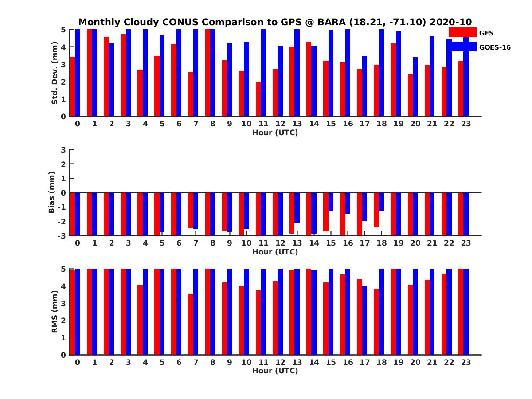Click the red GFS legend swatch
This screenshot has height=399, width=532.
click(x=462, y=32)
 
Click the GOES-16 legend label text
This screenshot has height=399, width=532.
click(x=495, y=47)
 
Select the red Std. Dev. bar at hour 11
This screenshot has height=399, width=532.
click(x=258, y=99)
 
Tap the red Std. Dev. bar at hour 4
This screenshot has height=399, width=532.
click(x=140, y=93)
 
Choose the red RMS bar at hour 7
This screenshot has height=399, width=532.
click(x=191, y=324)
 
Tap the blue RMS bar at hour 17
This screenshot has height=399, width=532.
click(x=364, y=320)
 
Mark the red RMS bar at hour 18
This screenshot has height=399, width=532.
click(x=376, y=322)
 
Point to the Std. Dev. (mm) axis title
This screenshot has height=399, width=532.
click(x=55, y=73)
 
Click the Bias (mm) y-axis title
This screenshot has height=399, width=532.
click(x=52, y=192)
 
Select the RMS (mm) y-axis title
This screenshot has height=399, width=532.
click(x=55, y=312)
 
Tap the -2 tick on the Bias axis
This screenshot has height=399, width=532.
click(x=63, y=221)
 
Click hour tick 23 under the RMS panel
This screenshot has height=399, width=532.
click(x=465, y=362)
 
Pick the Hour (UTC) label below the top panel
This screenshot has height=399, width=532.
click(x=275, y=133)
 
